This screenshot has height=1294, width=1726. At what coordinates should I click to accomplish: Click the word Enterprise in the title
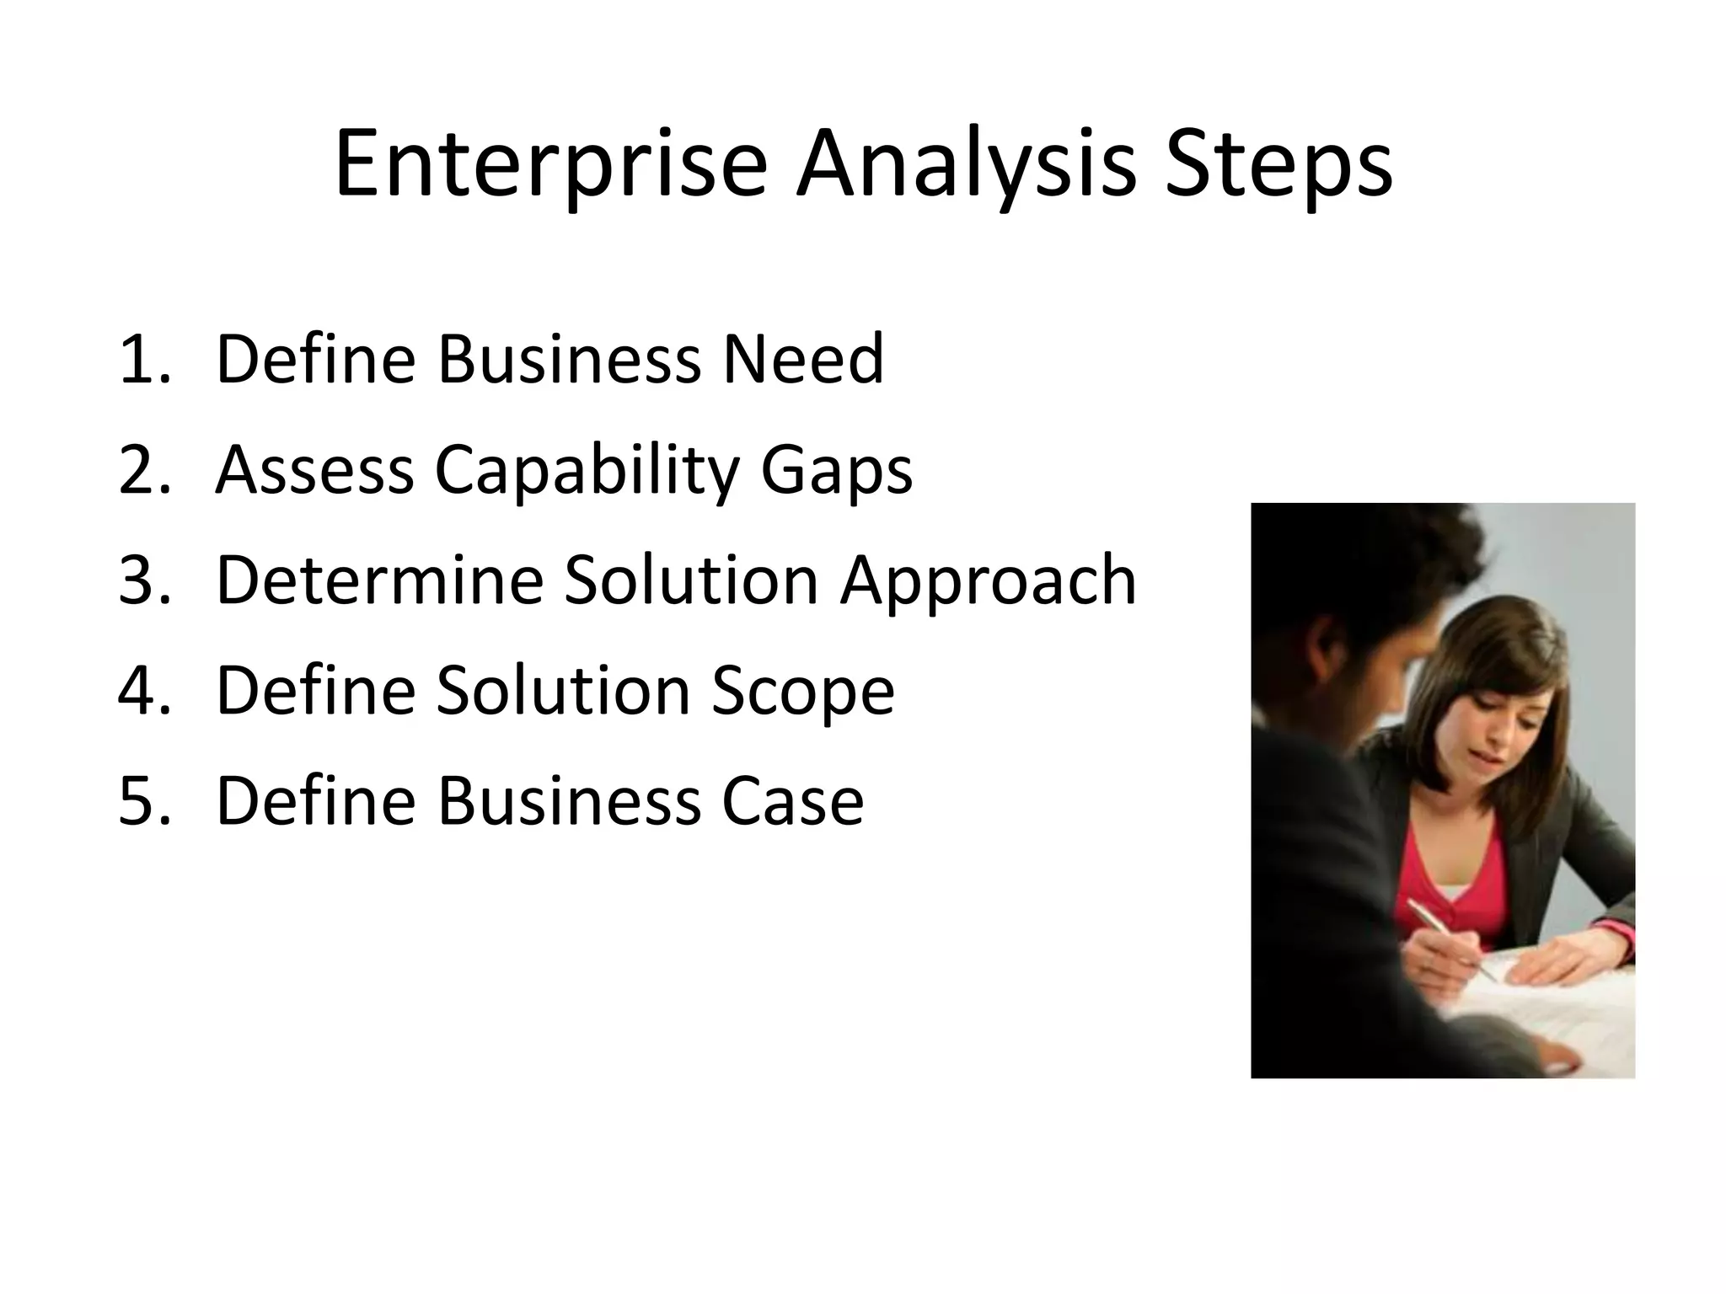coord(550,164)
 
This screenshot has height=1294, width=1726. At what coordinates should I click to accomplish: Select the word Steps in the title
coord(1278,164)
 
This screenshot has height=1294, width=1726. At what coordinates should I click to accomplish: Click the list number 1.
coord(143,360)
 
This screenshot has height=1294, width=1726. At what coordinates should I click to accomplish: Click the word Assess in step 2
coord(314,470)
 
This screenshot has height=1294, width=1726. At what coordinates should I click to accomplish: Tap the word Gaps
coord(836,470)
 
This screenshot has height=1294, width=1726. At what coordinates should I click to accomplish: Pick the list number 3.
coord(143,580)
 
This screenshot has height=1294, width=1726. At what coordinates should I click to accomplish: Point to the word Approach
coord(988,580)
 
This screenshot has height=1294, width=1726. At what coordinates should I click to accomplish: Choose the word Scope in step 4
coord(802,691)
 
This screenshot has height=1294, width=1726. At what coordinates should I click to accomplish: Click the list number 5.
coord(143,801)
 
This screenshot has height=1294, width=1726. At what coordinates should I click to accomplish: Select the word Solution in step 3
coord(691,580)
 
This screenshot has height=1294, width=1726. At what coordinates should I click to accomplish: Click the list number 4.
coord(143,691)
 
